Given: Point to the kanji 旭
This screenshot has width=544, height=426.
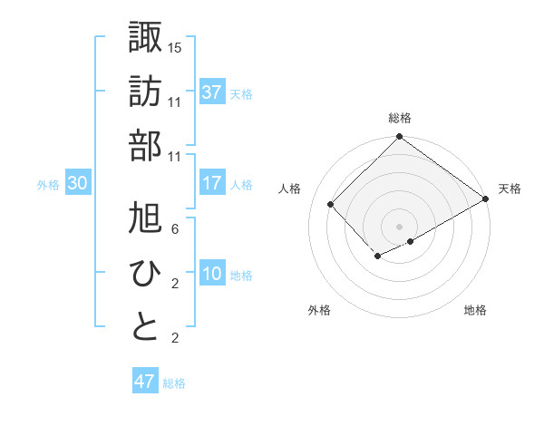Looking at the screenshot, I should [x=145, y=218].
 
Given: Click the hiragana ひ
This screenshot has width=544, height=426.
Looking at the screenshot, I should [x=145, y=272].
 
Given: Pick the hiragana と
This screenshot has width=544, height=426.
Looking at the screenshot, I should [x=145, y=326].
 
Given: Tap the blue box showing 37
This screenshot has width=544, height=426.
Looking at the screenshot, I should [x=212, y=92].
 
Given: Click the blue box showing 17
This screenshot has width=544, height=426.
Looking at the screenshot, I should [x=212, y=183].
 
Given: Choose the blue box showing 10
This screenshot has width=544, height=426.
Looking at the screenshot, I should [x=212, y=275].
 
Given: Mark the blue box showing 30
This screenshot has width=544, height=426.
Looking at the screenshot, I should [x=78, y=183].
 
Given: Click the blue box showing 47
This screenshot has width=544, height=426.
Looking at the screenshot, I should [x=144, y=382].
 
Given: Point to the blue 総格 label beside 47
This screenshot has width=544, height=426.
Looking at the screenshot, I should [x=174, y=383].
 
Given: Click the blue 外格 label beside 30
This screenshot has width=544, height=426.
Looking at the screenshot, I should [x=48, y=185].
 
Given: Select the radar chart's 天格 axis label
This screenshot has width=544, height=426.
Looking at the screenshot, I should [x=510, y=189].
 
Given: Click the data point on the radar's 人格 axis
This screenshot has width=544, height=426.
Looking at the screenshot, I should [x=331, y=204].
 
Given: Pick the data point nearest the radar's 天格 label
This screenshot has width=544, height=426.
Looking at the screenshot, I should [x=486, y=199].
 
